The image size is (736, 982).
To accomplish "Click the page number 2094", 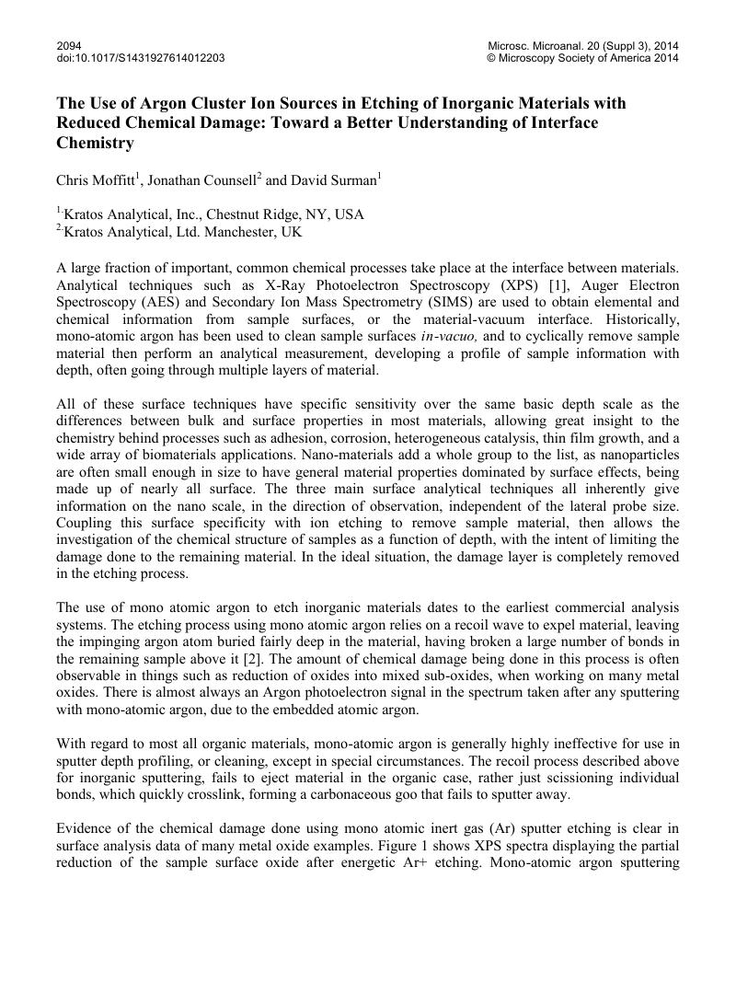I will [x=69, y=45].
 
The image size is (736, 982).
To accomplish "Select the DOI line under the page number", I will [x=140, y=58].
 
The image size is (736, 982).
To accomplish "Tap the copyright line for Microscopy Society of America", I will [x=582, y=58].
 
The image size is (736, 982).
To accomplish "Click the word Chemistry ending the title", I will [x=96, y=144].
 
